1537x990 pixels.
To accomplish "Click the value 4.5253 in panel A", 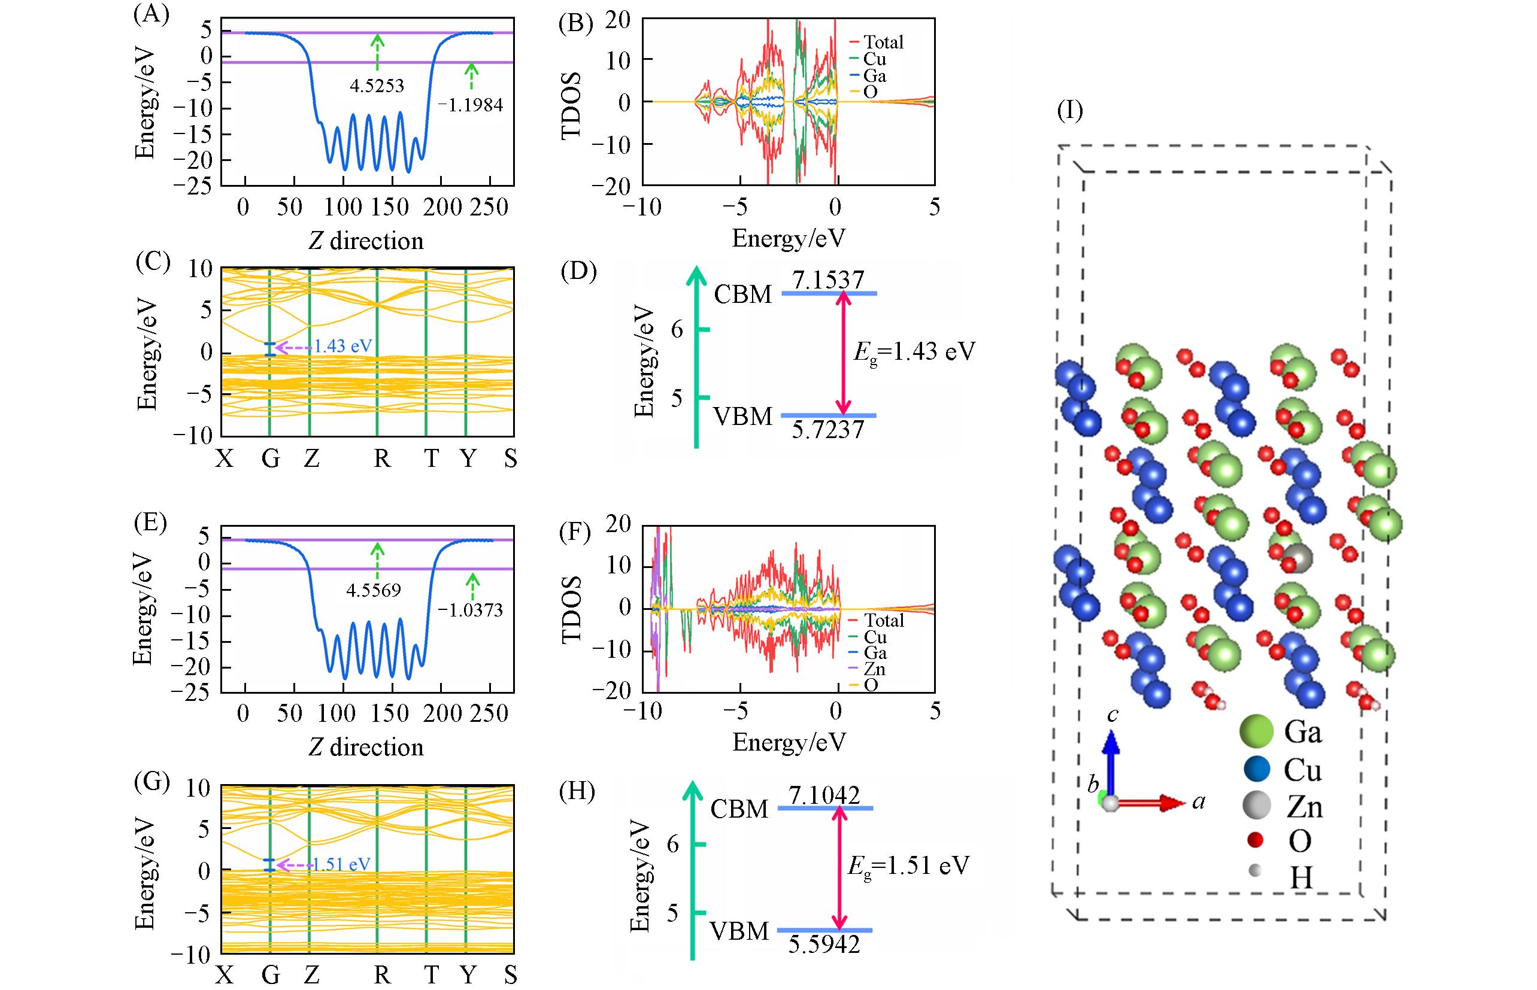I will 377,86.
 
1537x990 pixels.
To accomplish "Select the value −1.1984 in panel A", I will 471,105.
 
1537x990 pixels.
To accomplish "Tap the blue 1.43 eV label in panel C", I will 342,347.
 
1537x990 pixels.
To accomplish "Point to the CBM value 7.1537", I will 827,280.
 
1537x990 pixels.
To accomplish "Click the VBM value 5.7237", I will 827,429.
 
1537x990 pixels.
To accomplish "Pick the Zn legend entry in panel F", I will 875,669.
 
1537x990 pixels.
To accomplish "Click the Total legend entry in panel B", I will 883,42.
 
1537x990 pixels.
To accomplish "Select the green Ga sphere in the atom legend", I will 1256,731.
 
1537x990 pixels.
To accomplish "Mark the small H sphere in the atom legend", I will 1254,871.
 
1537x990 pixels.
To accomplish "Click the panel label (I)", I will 1069,111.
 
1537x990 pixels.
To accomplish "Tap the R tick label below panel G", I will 382,976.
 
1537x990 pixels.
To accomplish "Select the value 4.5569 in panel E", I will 374,590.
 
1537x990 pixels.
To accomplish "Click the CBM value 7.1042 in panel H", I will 824,796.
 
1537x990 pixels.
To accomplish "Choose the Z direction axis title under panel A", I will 366,241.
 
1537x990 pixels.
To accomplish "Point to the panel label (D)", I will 579,272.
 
